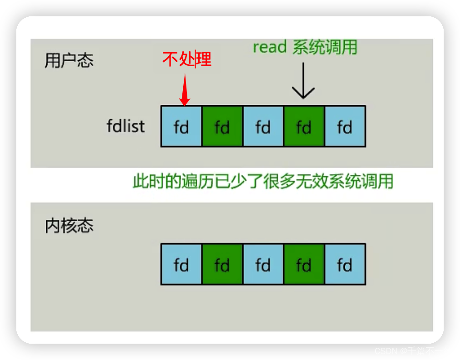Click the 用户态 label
click(x=69, y=61)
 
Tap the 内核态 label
click(x=69, y=226)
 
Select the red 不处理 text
click(x=187, y=59)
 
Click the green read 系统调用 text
click(x=305, y=47)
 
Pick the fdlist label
click(x=126, y=126)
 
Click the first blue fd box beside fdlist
click(x=181, y=126)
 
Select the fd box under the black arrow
click(x=304, y=126)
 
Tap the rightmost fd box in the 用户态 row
click(x=345, y=126)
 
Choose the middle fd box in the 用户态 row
click(x=263, y=126)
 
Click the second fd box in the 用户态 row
click(x=222, y=126)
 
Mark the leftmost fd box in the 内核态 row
click(x=181, y=264)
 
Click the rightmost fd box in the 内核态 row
click(x=345, y=264)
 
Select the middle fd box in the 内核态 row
click(x=263, y=264)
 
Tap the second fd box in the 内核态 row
click(x=222, y=264)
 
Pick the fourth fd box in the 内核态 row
click(x=304, y=264)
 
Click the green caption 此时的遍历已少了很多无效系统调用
click(x=263, y=181)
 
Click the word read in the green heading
click(x=270, y=47)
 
